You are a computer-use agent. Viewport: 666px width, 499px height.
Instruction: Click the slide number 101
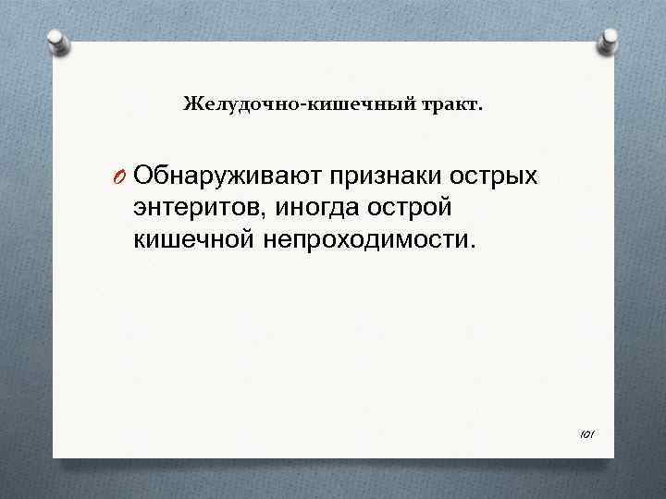click(x=587, y=432)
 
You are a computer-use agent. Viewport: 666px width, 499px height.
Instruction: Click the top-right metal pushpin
click(x=610, y=39)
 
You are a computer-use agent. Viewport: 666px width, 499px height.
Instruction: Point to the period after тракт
click(x=479, y=107)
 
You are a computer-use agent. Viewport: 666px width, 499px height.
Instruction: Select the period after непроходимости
click(x=475, y=247)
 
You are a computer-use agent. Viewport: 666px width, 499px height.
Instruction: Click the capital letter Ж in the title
click(x=191, y=103)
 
